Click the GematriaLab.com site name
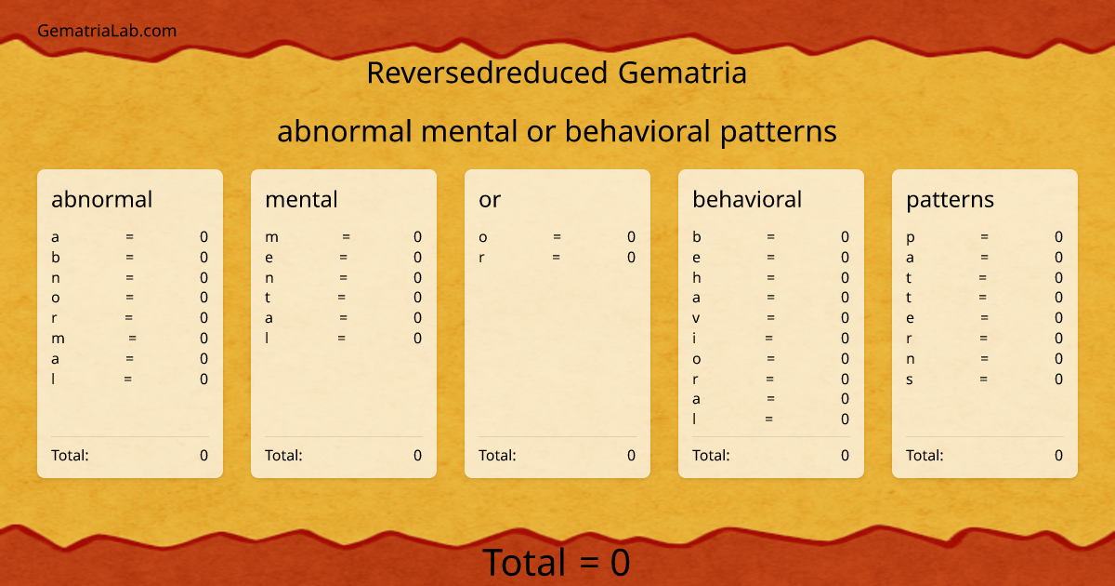tap(107, 31)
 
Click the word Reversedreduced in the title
tap(474, 73)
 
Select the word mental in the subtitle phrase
tap(468, 132)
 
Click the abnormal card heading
tap(102, 199)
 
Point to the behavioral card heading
tap(747, 199)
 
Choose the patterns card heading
tap(950, 199)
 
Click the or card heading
tap(490, 199)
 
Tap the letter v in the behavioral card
tap(696, 318)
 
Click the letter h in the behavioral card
tap(697, 277)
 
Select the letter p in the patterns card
tap(911, 237)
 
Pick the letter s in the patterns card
tap(910, 380)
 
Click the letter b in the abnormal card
tap(56, 257)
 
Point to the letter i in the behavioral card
tap(694, 339)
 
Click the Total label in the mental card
tap(283, 456)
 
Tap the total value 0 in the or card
tap(631, 456)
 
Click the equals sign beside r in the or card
tap(556, 258)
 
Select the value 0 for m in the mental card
tap(417, 237)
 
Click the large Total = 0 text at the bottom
tap(557, 563)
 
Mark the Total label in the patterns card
tap(925, 456)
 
